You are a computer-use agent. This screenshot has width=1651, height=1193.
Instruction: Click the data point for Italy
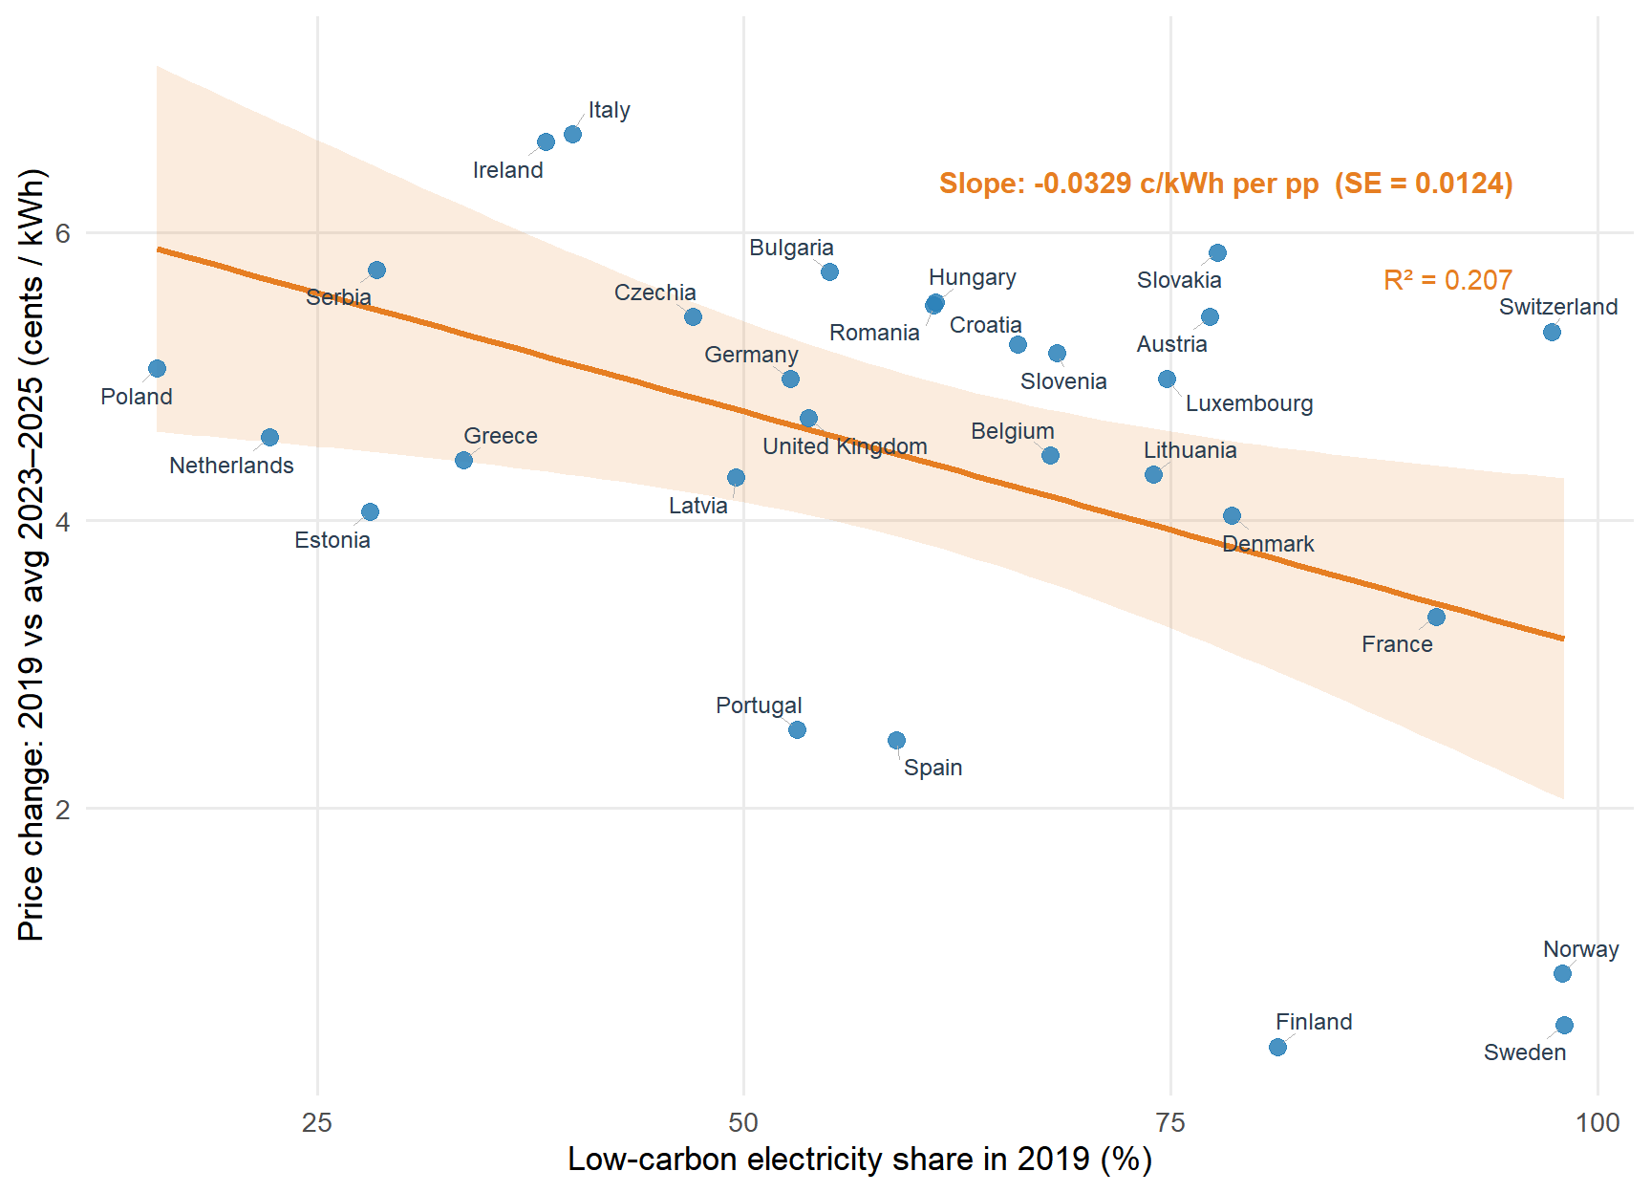tap(572, 134)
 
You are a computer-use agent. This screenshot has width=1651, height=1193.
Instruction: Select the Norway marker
tap(1562, 973)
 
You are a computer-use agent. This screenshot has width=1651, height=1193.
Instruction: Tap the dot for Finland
tap(1277, 1047)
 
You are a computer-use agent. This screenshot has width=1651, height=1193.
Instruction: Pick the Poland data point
tap(158, 368)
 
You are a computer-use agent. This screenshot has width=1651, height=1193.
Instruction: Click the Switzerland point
tap(1552, 332)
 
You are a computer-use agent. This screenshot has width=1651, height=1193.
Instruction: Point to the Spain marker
tap(896, 740)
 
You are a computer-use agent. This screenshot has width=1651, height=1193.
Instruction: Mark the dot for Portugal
tap(797, 729)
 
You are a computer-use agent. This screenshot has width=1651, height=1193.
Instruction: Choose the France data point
tap(1436, 617)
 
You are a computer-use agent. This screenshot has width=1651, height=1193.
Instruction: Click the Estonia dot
tap(370, 511)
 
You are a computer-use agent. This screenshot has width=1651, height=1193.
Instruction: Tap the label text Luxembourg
tap(1249, 403)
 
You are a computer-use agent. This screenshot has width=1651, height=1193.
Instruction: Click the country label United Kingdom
tap(845, 446)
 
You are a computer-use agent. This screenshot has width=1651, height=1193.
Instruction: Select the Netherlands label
tap(231, 466)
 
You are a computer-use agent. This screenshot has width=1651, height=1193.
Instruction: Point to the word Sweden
tap(1525, 1052)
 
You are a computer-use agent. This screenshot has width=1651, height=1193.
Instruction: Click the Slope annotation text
tap(1225, 184)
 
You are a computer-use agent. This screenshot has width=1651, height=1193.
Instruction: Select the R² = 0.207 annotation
tap(1447, 280)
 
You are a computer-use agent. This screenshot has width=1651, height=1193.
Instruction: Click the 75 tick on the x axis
tap(1170, 1122)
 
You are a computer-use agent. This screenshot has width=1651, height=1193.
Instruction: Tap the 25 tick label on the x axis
tap(317, 1122)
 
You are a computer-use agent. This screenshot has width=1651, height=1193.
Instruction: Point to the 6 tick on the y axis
tap(63, 232)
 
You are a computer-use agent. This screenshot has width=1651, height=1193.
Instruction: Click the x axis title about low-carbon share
tap(860, 1160)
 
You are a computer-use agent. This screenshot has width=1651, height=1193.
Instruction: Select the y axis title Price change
tap(32, 554)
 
